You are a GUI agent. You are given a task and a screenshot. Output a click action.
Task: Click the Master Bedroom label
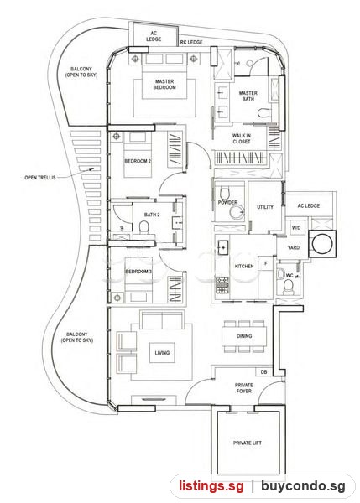pos(164,85)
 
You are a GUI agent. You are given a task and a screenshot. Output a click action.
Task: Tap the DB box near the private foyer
pos(264,371)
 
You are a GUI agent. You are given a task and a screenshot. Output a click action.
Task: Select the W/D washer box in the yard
pos(296,228)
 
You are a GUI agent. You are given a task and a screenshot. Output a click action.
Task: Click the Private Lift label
pos(248,443)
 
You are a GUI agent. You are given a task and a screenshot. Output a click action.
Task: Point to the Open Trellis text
pos(40,177)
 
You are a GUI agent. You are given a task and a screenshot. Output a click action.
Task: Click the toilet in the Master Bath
pos(264,113)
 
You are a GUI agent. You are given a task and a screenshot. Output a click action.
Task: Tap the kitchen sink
pos(222,247)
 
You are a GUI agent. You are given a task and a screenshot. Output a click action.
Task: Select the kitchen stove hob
pos(222,285)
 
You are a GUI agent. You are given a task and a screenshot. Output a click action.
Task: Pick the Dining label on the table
pos(244,336)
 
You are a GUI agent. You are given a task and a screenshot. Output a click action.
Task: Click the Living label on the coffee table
pos(162,353)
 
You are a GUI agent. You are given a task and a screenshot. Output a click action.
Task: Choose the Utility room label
pos(265,207)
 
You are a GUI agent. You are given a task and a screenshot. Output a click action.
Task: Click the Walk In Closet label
pos(242,138)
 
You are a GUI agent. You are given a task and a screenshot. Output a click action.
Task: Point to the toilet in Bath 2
pos(144,227)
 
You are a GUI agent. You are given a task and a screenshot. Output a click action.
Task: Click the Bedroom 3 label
pos(138,272)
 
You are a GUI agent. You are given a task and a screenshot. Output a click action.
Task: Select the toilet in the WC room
pos(289,286)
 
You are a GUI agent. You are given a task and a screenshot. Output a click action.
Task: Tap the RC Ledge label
pos(191,42)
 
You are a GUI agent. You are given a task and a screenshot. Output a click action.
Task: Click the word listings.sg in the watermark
pos(211,485)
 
